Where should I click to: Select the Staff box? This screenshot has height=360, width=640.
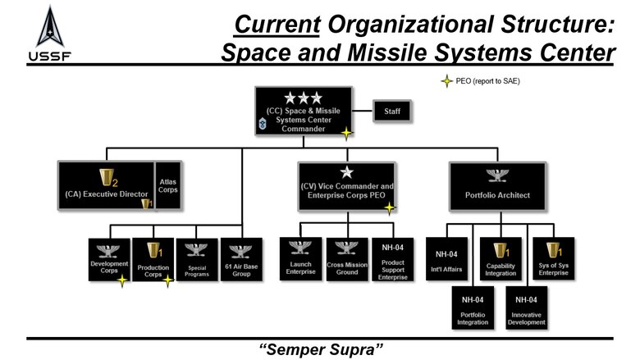(392, 111)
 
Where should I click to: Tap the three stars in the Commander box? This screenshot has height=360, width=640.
(303, 98)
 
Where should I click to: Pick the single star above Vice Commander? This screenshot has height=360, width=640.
(346, 171)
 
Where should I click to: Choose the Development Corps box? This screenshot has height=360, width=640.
(109, 259)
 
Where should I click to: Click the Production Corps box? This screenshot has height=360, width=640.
(153, 259)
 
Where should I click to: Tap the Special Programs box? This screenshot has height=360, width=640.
(197, 259)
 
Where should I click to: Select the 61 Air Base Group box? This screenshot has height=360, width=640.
(240, 259)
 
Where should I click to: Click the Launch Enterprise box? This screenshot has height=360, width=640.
(300, 259)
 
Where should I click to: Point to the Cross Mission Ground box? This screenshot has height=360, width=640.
(346, 259)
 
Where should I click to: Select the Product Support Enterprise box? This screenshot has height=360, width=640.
(392, 259)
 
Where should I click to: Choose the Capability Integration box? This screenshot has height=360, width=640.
(501, 259)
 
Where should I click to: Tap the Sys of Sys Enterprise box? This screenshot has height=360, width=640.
(554, 259)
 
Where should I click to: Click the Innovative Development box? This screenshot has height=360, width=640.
(527, 310)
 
